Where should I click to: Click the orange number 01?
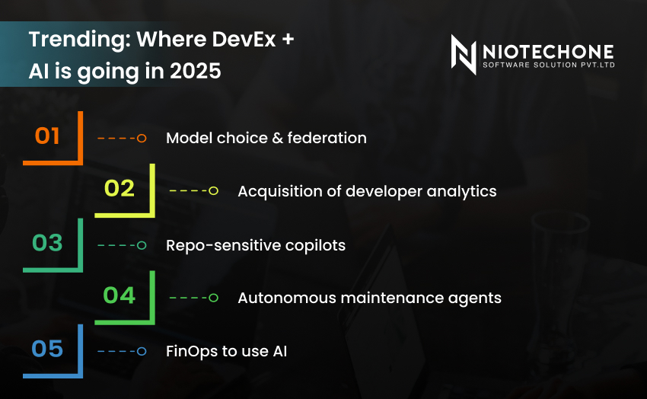click(47, 136)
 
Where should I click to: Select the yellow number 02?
click(120, 188)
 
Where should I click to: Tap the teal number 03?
click(47, 243)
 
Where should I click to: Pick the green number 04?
click(120, 295)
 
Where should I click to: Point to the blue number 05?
click(47, 349)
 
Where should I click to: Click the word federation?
click(327, 138)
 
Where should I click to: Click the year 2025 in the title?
click(196, 71)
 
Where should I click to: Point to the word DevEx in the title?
click(244, 40)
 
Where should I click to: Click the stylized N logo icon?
click(464, 54)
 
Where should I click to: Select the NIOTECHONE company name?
click(548, 52)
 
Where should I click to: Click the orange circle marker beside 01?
click(142, 139)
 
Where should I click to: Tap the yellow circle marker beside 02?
click(213, 190)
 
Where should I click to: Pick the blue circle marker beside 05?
click(142, 352)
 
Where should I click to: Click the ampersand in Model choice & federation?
click(278, 139)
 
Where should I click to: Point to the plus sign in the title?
click(288, 40)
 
